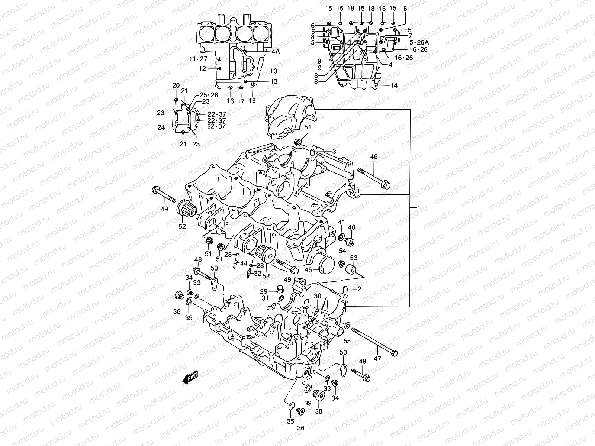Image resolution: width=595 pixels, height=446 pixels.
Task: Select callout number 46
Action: pyautogui.click(x=374, y=157)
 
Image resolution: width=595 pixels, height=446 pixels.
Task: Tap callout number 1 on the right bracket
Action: pyautogui.click(x=418, y=207)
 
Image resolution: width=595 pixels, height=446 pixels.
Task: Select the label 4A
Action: pyautogui.click(x=275, y=52)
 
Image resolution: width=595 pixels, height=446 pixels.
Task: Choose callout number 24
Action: pyautogui.click(x=161, y=127)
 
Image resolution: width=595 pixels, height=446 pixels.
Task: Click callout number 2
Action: pyautogui.click(x=360, y=289)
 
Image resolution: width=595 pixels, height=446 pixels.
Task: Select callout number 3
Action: pyautogui.click(x=334, y=151)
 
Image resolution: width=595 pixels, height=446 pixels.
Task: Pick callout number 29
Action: pyautogui.click(x=263, y=291)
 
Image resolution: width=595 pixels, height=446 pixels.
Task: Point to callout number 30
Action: pyautogui.click(x=317, y=296)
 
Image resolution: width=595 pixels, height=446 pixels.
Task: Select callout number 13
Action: pyautogui.click(x=274, y=81)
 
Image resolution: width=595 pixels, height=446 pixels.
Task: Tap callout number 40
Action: pyautogui.click(x=352, y=227)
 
